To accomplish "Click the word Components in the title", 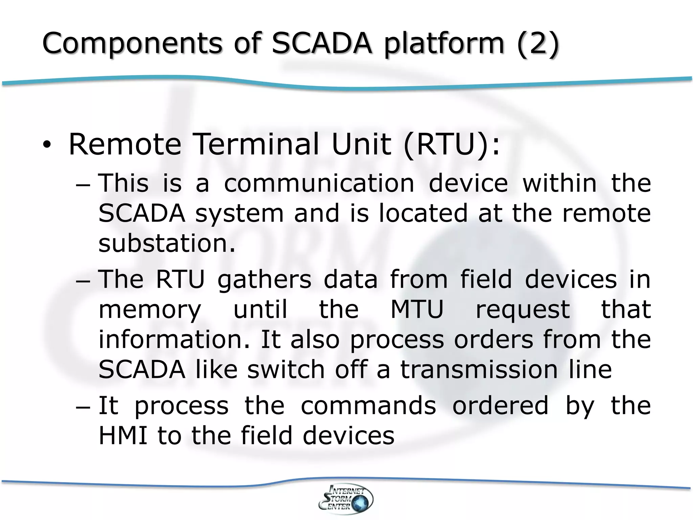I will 132,44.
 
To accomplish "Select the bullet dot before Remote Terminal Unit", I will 46,146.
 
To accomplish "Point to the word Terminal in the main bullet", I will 257,144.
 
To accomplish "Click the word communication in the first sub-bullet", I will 319,183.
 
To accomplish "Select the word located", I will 423,213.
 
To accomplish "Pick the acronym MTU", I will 417,309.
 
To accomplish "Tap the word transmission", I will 479,369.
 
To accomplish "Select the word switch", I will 286,369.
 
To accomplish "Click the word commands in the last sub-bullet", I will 368,406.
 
